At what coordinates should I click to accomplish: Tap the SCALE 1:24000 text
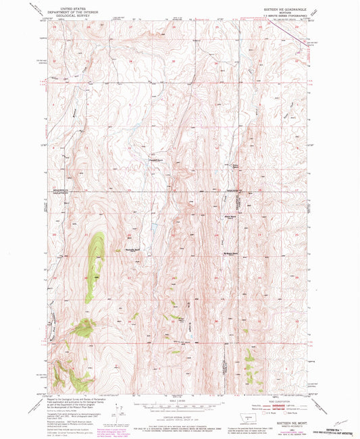(180, 400)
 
